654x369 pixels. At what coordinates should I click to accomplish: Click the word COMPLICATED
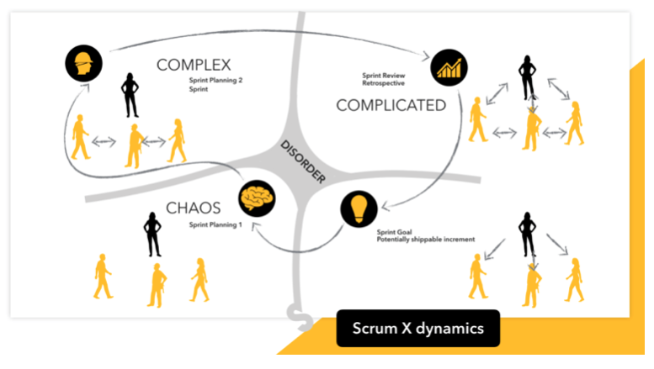coord(391,105)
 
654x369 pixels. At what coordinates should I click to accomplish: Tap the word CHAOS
coord(194,207)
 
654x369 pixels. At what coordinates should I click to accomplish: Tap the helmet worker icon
coord(82,61)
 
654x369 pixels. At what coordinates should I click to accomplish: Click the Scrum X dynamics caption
coord(417,328)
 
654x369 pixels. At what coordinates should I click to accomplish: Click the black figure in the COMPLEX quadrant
coord(131,94)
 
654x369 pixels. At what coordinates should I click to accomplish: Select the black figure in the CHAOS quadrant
coord(152,234)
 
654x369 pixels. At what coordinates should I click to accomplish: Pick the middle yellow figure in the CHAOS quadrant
coord(155,283)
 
